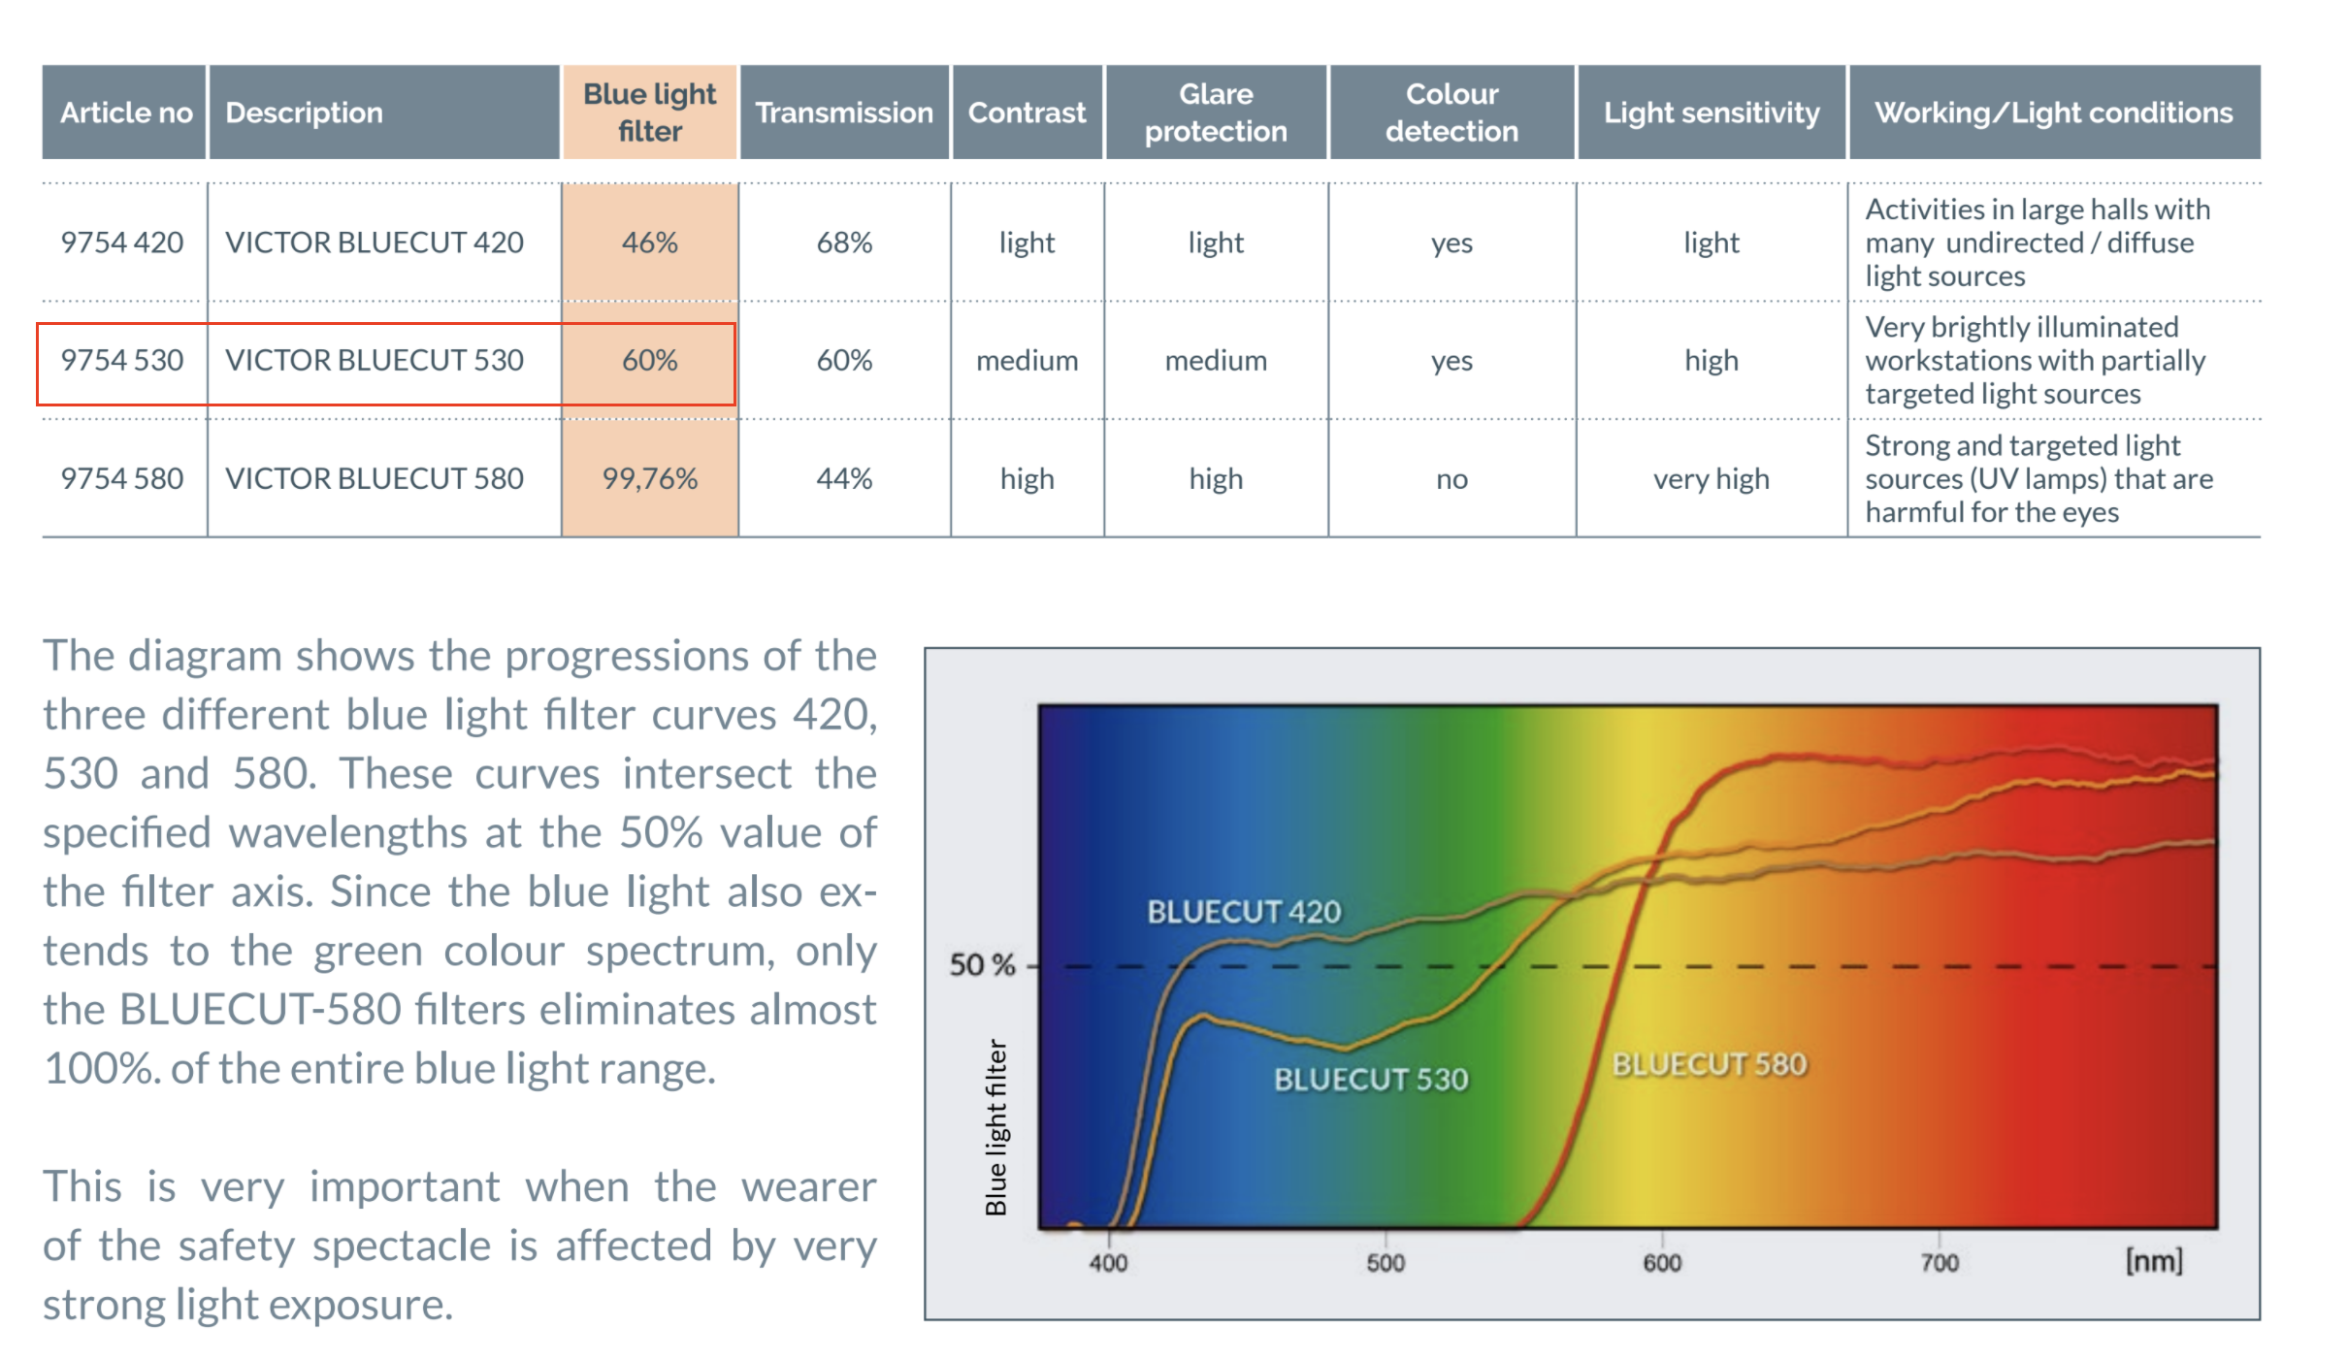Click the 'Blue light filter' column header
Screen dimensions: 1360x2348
pyautogui.click(x=649, y=113)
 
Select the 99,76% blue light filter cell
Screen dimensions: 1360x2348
pyautogui.click(x=649, y=478)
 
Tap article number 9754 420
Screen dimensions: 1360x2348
pyautogui.click(x=122, y=243)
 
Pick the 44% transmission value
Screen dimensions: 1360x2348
pyautogui.click(x=844, y=478)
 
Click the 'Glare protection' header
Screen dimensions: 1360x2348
pyautogui.click(x=1216, y=113)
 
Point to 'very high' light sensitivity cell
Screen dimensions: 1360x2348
pyautogui.click(x=1712, y=478)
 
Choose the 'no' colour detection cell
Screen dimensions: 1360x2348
pyautogui.click(x=1451, y=478)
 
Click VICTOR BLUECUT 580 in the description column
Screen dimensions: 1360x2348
pyautogui.click(x=375, y=478)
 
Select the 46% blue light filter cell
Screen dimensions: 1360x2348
pyautogui.click(x=649, y=243)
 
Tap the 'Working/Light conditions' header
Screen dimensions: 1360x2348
pyautogui.click(x=2053, y=113)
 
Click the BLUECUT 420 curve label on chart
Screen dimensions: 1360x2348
pyautogui.click(x=1244, y=912)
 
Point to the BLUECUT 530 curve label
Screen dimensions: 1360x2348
pyautogui.click(x=1371, y=1079)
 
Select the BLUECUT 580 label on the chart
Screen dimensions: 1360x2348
pyautogui.click(x=1710, y=1064)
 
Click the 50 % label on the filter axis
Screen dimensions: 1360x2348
pyautogui.click(x=982, y=965)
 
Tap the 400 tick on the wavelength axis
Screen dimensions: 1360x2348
pyautogui.click(x=1108, y=1262)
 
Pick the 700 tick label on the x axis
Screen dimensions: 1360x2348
pyautogui.click(x=1940, y=1262)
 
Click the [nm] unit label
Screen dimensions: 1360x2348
pyautogui.click(x=2154, y=1261)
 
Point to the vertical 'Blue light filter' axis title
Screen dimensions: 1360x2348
pyautogui.click(x=996, y=1126)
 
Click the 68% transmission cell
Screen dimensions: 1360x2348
pyautogui.click(x=844, y=243)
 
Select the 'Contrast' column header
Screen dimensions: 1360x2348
pyautogui.click(x=1027, y=113)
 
